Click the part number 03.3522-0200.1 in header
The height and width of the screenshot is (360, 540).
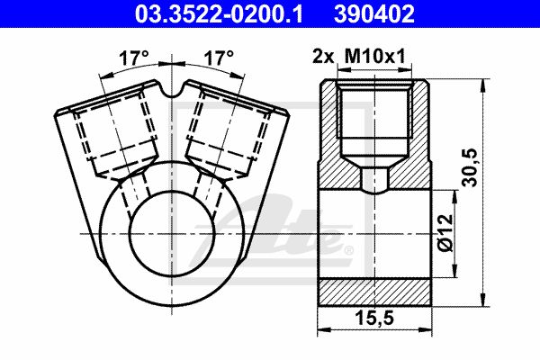click(219, 13)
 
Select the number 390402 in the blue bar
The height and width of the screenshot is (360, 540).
click(374, 13)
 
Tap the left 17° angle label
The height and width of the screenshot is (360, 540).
click(134, 58)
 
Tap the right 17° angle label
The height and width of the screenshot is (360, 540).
click(219, 58)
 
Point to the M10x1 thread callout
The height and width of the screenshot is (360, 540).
click(375, 56)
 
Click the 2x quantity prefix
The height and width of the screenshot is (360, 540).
click(323, 56)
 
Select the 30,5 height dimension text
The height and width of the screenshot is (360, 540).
click(470, 167)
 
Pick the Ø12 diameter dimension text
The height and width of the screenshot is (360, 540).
click(446, 233)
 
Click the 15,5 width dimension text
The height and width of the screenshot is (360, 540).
click(374, 319)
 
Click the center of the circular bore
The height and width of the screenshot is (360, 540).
click(172, 234)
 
